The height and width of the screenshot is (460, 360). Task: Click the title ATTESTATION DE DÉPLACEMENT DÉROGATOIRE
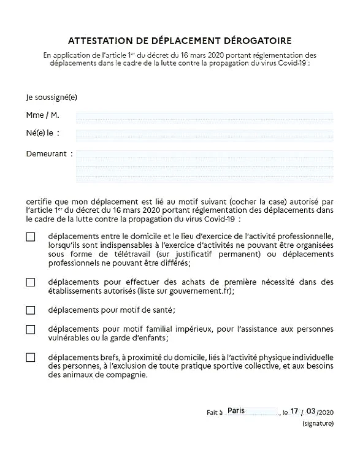click(x=180, y=41)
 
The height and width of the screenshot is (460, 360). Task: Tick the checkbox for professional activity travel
click(x=31, y=237)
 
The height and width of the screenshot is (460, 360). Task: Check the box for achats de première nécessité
click(x=31, y=282)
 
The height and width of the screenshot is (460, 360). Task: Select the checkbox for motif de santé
click(x=31, y=310)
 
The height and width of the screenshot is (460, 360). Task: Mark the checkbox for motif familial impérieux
click(x=31, y=329)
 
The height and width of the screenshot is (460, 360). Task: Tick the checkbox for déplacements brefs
click(x=31, y=358)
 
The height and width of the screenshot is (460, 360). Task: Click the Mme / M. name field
click(x=204, y=115)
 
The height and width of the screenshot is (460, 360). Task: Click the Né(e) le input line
click(x=204, y=134)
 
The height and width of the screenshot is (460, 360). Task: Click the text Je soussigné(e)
click(x=52, y=97)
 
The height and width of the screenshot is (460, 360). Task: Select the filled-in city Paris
click(x=236, y=410)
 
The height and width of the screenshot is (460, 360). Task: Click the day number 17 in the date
click(x=295, y=411)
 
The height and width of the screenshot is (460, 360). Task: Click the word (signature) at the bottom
click(x=318, y=424)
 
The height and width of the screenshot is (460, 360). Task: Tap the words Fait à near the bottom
click(x=215, y=413)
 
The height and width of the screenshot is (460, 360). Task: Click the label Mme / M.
click(x=42, y=115)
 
